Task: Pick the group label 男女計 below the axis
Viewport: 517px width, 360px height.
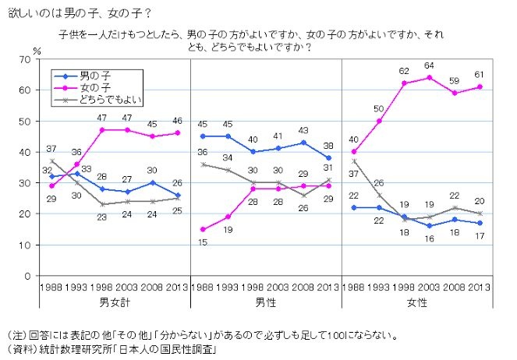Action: pos(114,301)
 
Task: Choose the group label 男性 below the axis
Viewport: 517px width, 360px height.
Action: pos(267,301)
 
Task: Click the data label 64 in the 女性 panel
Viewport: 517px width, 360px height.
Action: pos(429,66)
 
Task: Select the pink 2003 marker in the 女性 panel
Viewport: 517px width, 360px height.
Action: pos(429,77)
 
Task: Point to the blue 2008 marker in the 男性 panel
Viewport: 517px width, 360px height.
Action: pos(303,143)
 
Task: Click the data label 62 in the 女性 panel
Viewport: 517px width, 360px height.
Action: pos(404,71)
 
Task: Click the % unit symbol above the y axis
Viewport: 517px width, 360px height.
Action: pos(37,50)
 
